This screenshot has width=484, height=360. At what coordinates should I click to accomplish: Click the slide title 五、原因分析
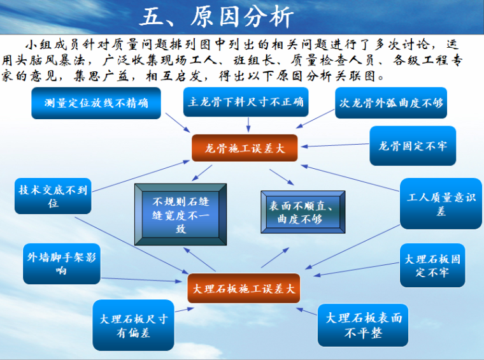click(x=217, y=17)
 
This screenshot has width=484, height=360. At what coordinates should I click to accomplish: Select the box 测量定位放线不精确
click(x=96, y=103)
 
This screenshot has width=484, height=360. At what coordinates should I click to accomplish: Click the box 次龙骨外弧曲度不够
click(x=391, y=103)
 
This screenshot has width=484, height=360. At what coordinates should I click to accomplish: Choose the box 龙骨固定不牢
click(x=413, y=146)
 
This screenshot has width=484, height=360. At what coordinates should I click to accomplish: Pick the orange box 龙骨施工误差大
click(x=245, y=148)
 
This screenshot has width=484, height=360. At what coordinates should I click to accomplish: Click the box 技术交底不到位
click(x=53, y=196)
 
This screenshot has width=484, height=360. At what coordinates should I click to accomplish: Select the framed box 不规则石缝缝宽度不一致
click(x=180, y=213)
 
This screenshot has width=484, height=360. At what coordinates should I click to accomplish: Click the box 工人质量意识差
click(x=441, y=204)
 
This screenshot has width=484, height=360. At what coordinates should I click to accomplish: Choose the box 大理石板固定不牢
click(x=432, y=266)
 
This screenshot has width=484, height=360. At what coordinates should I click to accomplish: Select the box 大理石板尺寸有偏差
click(x=133, y=325)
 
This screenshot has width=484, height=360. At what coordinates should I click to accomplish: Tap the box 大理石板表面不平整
click(x=363, y=325)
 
